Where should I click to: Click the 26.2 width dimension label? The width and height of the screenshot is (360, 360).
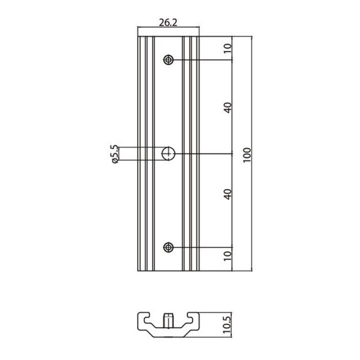tap(168, 22)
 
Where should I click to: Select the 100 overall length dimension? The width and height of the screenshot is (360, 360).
tap(247, 155)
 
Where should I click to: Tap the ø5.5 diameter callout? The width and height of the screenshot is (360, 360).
tap(115, 154)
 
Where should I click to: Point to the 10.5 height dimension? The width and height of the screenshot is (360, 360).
tap(226, 325)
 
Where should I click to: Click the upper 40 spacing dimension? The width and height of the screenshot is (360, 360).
tap(228, 107)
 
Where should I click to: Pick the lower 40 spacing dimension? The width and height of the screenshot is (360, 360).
tap(228, 194)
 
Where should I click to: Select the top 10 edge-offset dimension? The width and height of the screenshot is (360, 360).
tap(228, 48)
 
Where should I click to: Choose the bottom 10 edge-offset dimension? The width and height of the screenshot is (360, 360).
tap(228, 256)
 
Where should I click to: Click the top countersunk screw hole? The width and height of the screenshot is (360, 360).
tap(168, 60)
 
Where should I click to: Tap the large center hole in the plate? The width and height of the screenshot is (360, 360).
tap(168, 153)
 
